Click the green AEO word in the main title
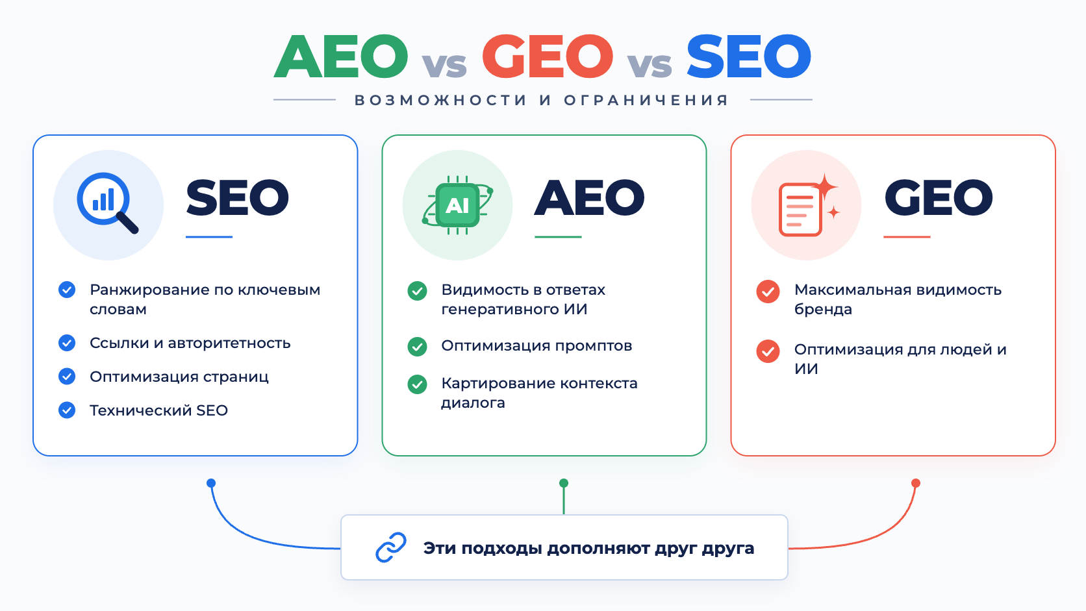(341, 56)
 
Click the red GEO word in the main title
(548, 56)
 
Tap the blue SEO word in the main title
(749, 56)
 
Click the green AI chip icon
(458, 205)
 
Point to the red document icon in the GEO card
(808, 205)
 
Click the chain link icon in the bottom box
(391, 547)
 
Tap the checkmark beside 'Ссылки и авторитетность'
(67, 343)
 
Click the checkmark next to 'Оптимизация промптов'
(417, 347)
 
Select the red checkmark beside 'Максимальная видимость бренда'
(768, 292)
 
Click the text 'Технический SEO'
(158, 410)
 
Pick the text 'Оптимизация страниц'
(179, 377)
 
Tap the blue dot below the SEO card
(211, 483)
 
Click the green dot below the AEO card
(563, 483)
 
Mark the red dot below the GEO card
(916, 483)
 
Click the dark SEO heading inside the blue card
(238, 197)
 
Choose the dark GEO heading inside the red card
(939, 197)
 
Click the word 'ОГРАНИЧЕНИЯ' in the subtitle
(646, 100)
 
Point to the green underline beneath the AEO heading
(558, 237)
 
